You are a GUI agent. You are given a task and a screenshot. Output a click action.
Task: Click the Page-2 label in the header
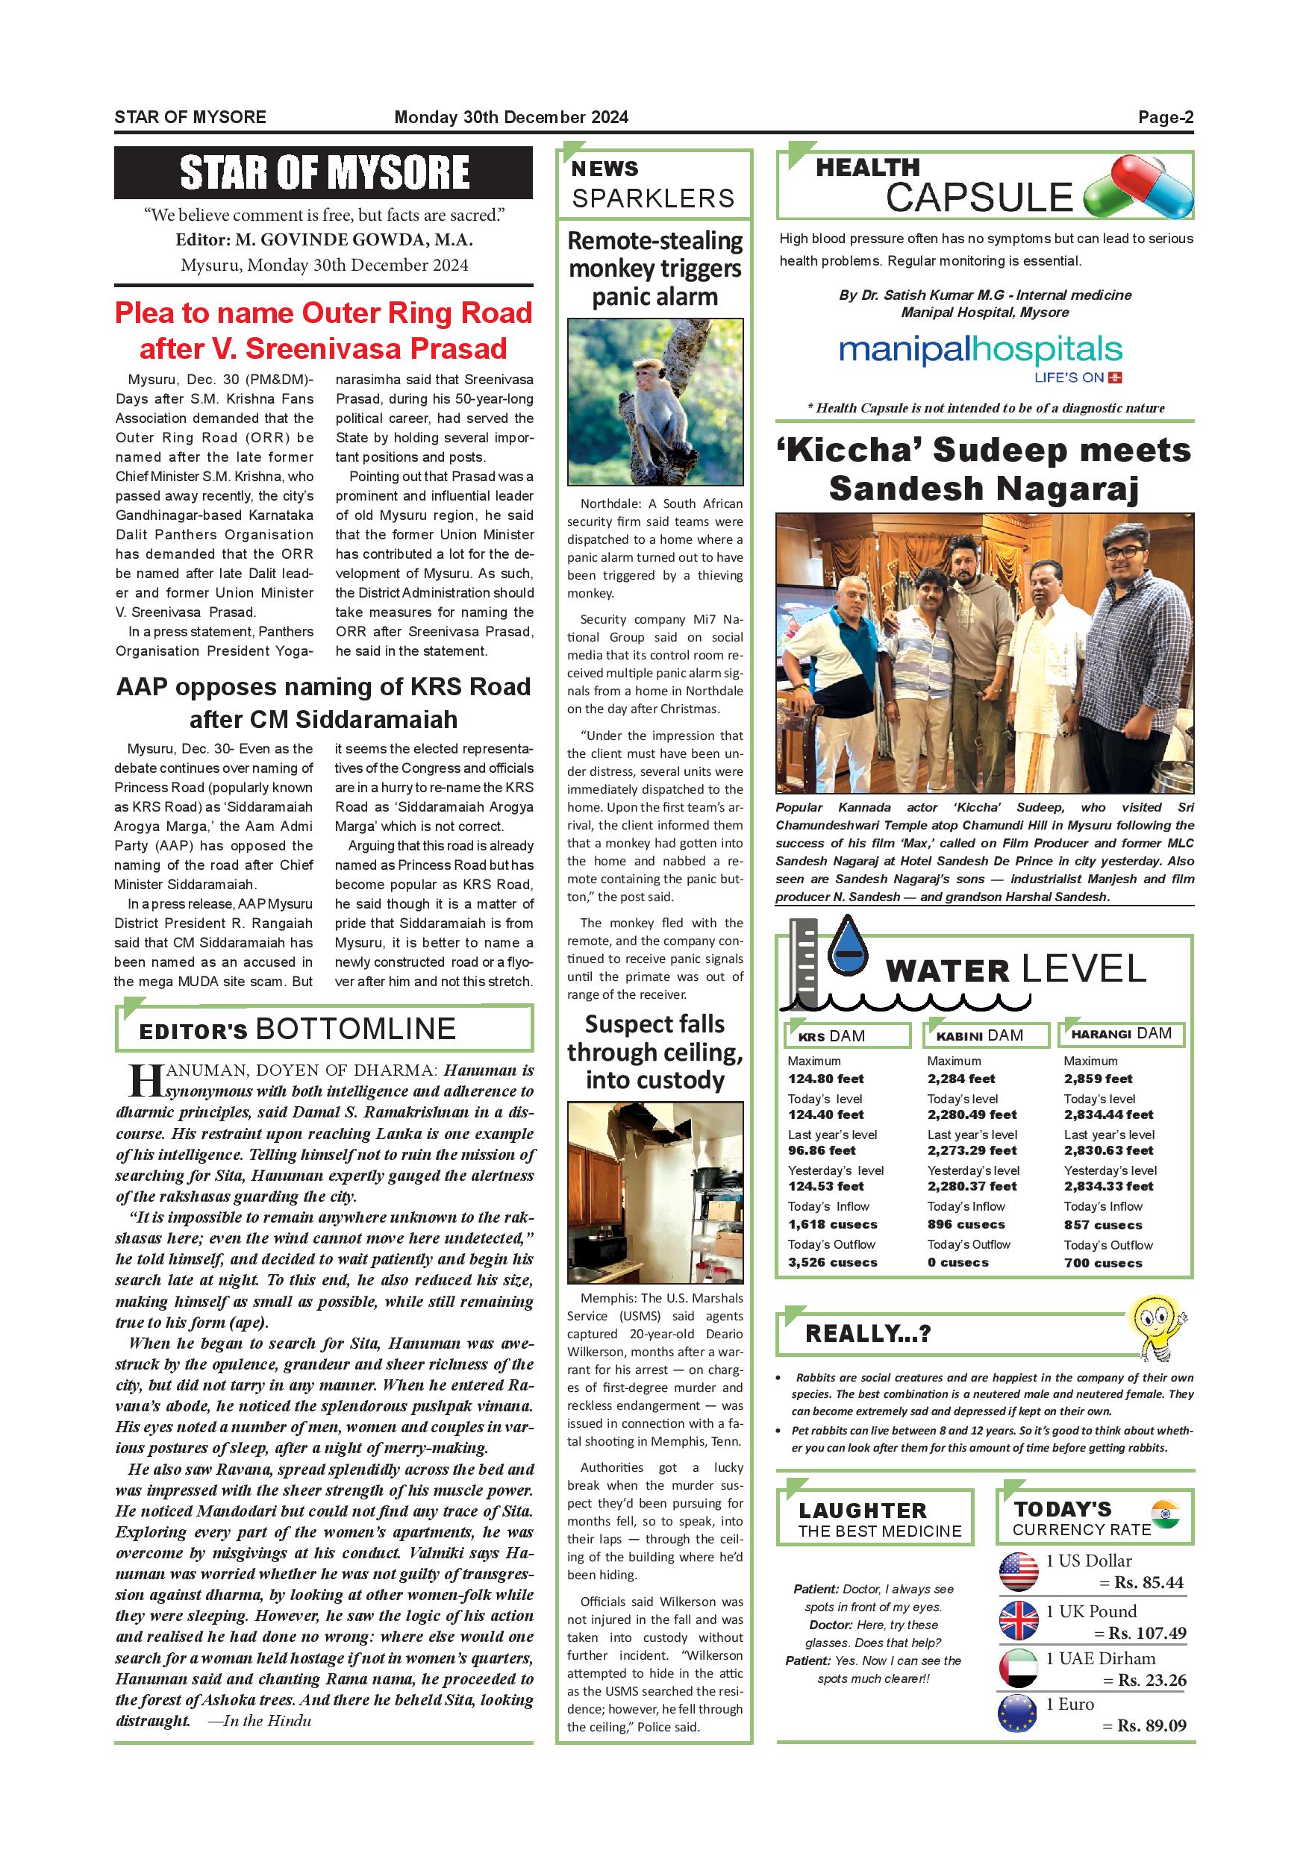1165,118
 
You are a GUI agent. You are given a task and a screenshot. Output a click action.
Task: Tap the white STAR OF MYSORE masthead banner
324,172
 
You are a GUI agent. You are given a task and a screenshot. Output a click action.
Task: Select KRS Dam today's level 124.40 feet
826,1114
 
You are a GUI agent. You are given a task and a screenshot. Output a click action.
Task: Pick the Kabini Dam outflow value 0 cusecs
957,1263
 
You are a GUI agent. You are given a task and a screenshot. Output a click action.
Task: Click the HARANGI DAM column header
1121,1034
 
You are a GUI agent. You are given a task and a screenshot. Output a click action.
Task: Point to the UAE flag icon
1019,1669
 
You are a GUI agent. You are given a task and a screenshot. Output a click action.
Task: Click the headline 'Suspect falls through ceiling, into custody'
654,1052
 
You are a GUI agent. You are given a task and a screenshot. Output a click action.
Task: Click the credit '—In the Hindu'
260,1721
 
